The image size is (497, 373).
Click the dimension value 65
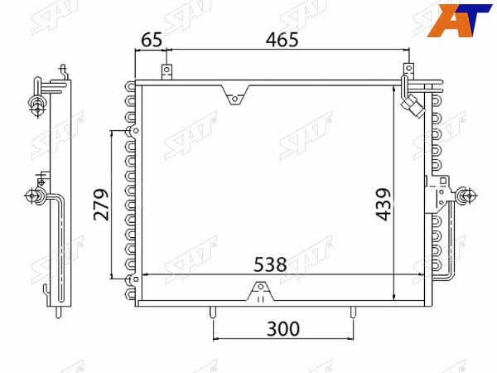click(152, 41)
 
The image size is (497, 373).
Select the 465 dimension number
click(282, 40)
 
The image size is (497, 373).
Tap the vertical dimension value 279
click(101, 205)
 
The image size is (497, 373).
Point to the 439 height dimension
click(383, 205)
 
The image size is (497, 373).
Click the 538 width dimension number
click(270, 264)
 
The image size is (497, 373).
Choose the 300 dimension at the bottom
click(283, 329)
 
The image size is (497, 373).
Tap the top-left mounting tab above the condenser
click(166, 72)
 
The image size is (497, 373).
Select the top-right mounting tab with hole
click(408, 70)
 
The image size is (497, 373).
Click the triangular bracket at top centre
click(235, 95)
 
